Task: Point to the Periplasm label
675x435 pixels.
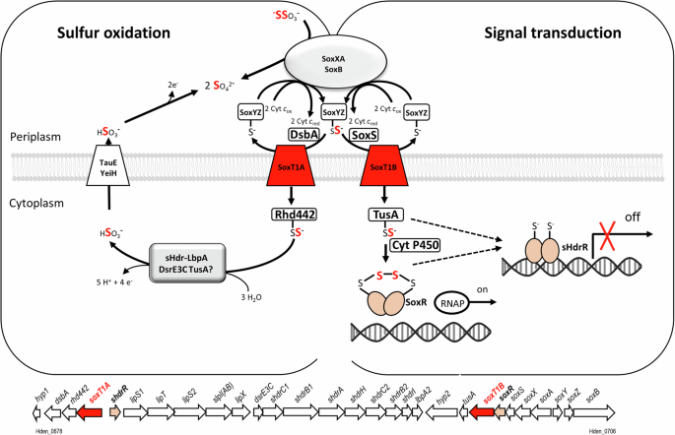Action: pos(34,135)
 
